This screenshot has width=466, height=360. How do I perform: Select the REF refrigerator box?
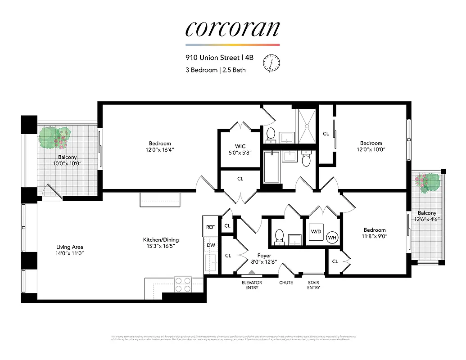click(x=210, y=227)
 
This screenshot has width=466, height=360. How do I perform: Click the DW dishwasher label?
click(x=210, y=245)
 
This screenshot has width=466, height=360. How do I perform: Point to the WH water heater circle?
click(x=332, y=237)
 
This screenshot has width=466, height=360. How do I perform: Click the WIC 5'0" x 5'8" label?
click(x=240, y=149)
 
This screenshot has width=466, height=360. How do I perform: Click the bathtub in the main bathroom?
click(x=271, y=167)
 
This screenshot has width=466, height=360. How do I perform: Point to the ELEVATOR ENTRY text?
click(x=252, y=285)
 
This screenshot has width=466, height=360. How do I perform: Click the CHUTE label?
click(x=286, y=283)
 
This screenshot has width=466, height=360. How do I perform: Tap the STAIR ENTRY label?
click(x=314, y=285)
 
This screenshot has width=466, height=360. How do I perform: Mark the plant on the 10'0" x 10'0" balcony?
click(x=55, y=137)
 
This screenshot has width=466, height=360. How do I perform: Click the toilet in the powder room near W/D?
click(x=279, y=236)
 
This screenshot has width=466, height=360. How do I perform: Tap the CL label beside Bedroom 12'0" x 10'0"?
click(x=326, y=134)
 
